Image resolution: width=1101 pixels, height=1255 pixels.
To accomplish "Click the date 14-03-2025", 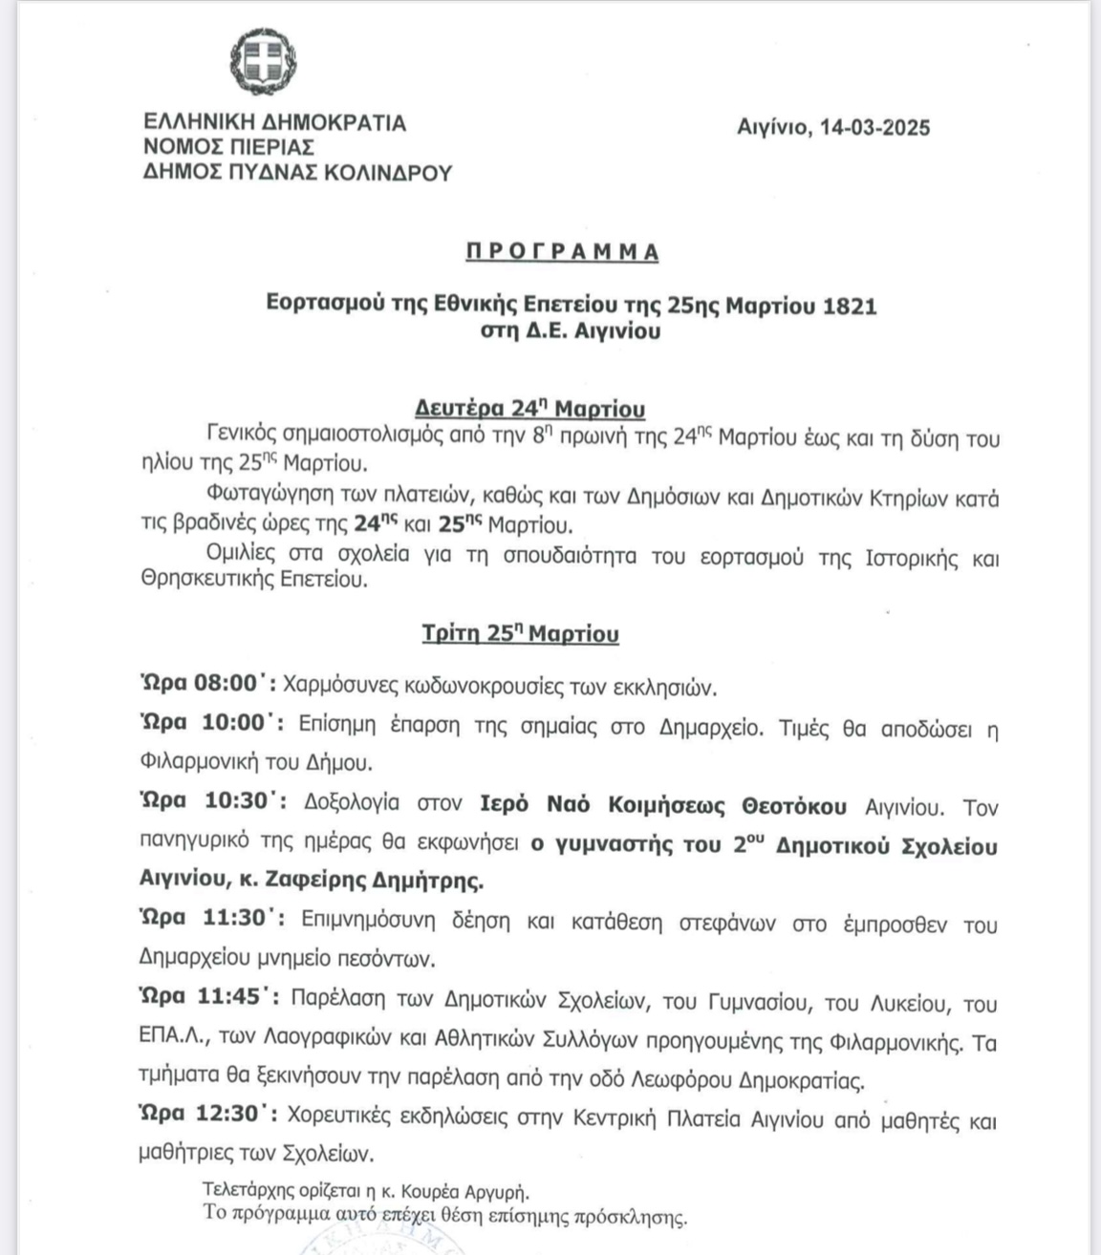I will point(874,128).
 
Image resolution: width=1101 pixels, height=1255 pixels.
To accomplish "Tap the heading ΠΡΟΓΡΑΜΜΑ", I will point(562,252).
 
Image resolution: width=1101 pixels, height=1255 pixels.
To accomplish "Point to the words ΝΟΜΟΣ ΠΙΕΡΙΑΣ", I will point(228,147).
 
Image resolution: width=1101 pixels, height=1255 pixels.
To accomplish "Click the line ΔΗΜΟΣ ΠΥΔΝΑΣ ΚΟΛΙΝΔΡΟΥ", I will point(297,172).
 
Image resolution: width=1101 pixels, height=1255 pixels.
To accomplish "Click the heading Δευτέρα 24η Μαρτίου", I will point(529,409).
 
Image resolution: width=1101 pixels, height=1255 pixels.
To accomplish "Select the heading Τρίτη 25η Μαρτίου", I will point(521,633).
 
